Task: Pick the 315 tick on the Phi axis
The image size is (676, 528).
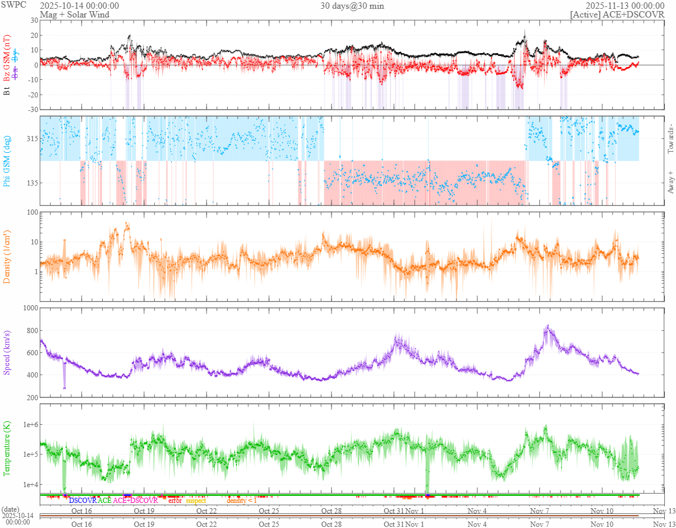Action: (x=31, y=139)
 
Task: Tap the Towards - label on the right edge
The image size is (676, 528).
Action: (x=670, y=139)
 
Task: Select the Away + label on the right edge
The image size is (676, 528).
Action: (x=670, y=183)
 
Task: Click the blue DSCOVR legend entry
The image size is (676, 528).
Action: (x=82, y=501)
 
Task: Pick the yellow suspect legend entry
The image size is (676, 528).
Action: (x=196, y=501)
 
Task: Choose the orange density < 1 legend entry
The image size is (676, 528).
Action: (x=242, y=501)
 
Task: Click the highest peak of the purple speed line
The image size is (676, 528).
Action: (x=548, y=326)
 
